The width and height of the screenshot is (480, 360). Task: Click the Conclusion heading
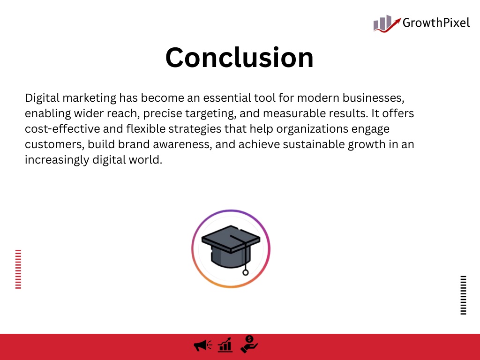tap(240, 57)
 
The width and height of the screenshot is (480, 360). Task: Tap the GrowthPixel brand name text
tap(436, 23)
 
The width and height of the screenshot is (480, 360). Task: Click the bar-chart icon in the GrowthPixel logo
tap(387, 23)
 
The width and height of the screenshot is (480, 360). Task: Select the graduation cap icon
tap(231, 248)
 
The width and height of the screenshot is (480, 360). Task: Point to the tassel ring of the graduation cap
tap(246, 272)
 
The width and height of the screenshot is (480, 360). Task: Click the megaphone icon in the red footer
tap(202, 345)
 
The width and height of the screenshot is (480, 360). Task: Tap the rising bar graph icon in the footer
tap(225, 345)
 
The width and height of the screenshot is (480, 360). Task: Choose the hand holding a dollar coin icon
tap(249, 344)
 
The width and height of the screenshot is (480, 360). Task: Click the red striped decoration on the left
tap(18, 269)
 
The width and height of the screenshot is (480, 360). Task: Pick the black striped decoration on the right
tap(464, 295)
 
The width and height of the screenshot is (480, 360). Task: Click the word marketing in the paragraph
tap(90, 98)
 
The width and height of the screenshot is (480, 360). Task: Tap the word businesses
tap(374, 98)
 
